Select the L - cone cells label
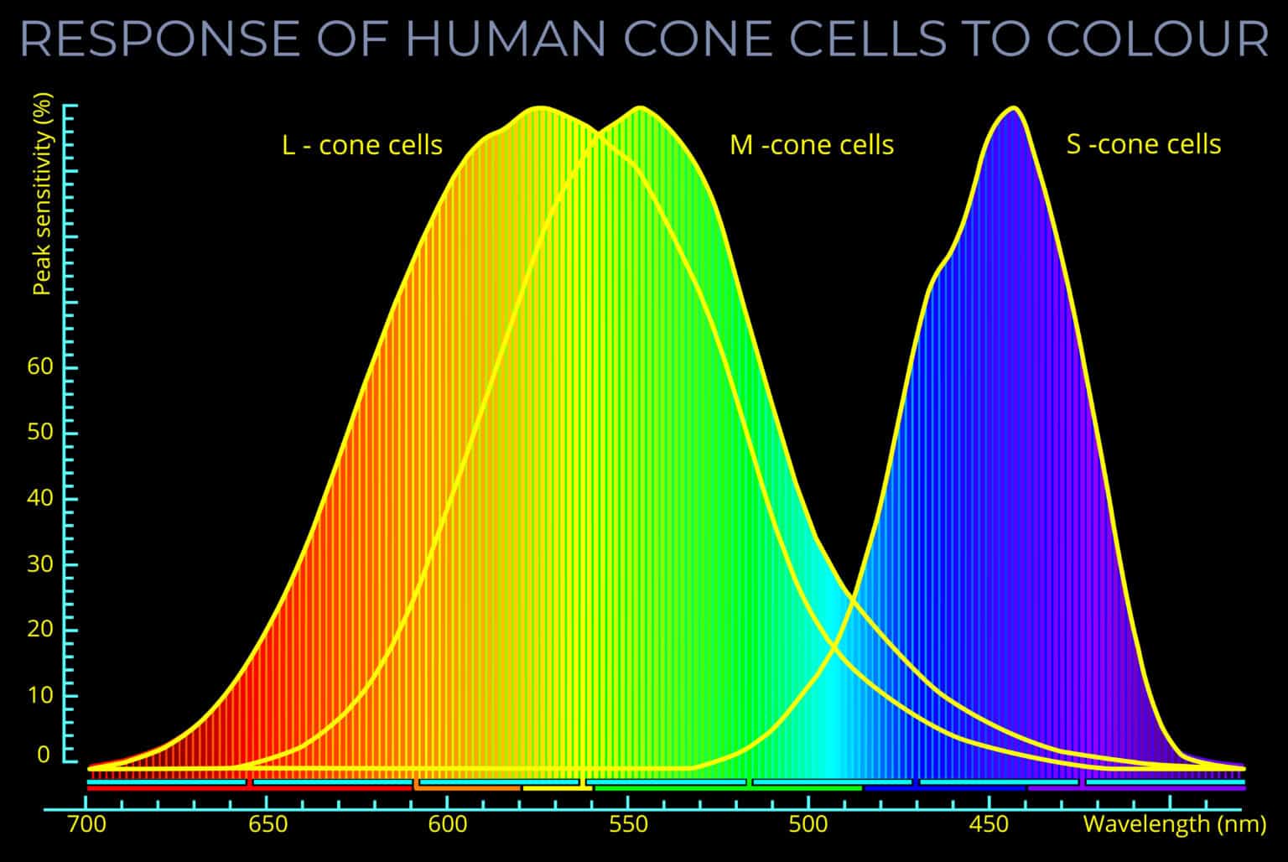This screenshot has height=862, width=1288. (x=362, y=145)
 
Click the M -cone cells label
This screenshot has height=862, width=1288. (x=812, y=145)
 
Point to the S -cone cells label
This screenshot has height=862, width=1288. (x=1143, y=144)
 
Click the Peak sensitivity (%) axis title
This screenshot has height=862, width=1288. (x=42, y=195)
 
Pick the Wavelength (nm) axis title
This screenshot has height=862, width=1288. (x=1174, y=824)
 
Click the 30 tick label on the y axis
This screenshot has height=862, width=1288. (x=39, y=563)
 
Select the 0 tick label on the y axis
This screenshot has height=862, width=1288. (x=44, y=755)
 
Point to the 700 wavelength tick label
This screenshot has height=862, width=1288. (x=86, y=824)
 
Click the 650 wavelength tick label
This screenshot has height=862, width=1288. (x=267, y=824)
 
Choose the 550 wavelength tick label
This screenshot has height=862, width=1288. (x=628, y=824)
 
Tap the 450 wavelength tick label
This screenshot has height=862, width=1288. (x=989, y=824)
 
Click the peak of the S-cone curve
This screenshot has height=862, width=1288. (x=1013, y=108)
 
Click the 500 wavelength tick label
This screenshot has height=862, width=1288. (x=808, y=824)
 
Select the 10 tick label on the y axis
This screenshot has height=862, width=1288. (x=39, y=695)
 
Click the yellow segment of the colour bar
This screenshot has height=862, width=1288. (x=557, y=788)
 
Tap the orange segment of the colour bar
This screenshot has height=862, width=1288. (x=468, y=788)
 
